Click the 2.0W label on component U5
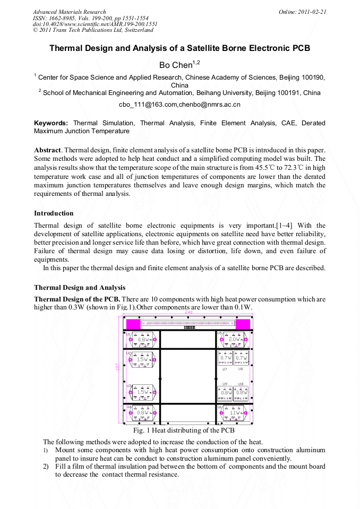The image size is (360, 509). (234, 339)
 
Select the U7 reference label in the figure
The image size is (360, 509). (225, 369)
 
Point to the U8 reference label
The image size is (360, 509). (241, 369)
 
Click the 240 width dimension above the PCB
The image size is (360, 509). (188, 313)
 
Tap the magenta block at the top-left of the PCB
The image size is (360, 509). (133, 323)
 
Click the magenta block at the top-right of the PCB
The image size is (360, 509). (242, 323)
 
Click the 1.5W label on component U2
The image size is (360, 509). (142, 359)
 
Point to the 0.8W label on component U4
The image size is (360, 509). (142, 412)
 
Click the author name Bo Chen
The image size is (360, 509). (175, 65)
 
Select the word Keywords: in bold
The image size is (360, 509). (51, 123)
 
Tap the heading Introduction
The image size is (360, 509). (54, 213)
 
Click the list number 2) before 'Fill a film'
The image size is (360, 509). (46, 467)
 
